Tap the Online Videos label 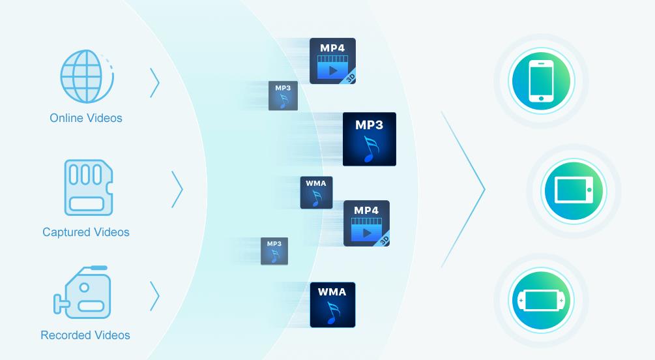coord(86,118)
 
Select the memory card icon coord(88,188)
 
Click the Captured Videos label coord(86,232)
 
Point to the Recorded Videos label coord(85,335)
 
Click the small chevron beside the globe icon coord(154,82)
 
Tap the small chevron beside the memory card coord(177,189)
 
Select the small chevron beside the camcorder coord(154,295)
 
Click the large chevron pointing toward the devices coord(465,189)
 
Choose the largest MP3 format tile coord(370,139)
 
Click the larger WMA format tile coord(332,305)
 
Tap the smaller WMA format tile coord(316,192)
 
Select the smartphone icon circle coord(541,82)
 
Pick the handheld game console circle coord(541,301)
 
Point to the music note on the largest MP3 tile coord(371,149)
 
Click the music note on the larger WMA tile coord(333,314)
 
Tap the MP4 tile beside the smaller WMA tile coord(366,223)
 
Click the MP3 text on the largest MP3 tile coord(370,124)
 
